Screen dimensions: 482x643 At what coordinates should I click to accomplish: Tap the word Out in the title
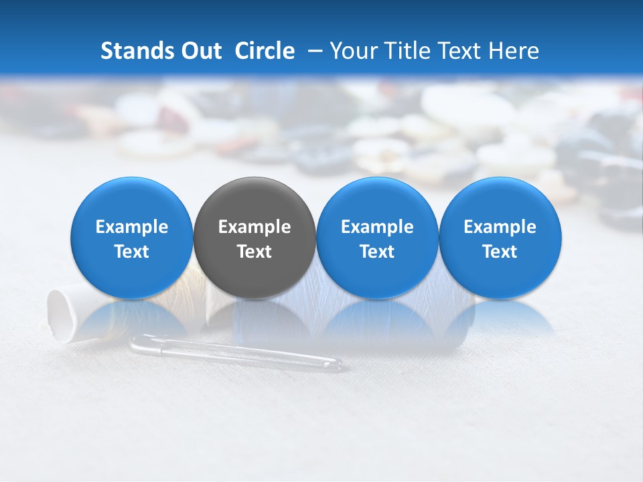pos(200,51)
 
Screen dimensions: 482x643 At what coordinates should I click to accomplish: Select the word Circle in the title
pos(265,51)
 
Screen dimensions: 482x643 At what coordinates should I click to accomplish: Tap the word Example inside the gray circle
pos(255,227)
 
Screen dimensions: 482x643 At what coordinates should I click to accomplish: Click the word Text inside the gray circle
pos(255,252)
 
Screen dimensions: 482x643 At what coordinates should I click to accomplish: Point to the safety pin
pos(234,352)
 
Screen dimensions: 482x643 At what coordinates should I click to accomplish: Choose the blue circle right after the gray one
pos(377,238)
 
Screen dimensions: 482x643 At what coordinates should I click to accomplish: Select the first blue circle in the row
pos(132,238)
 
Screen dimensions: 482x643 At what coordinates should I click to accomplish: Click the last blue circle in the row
pos(500,238)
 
